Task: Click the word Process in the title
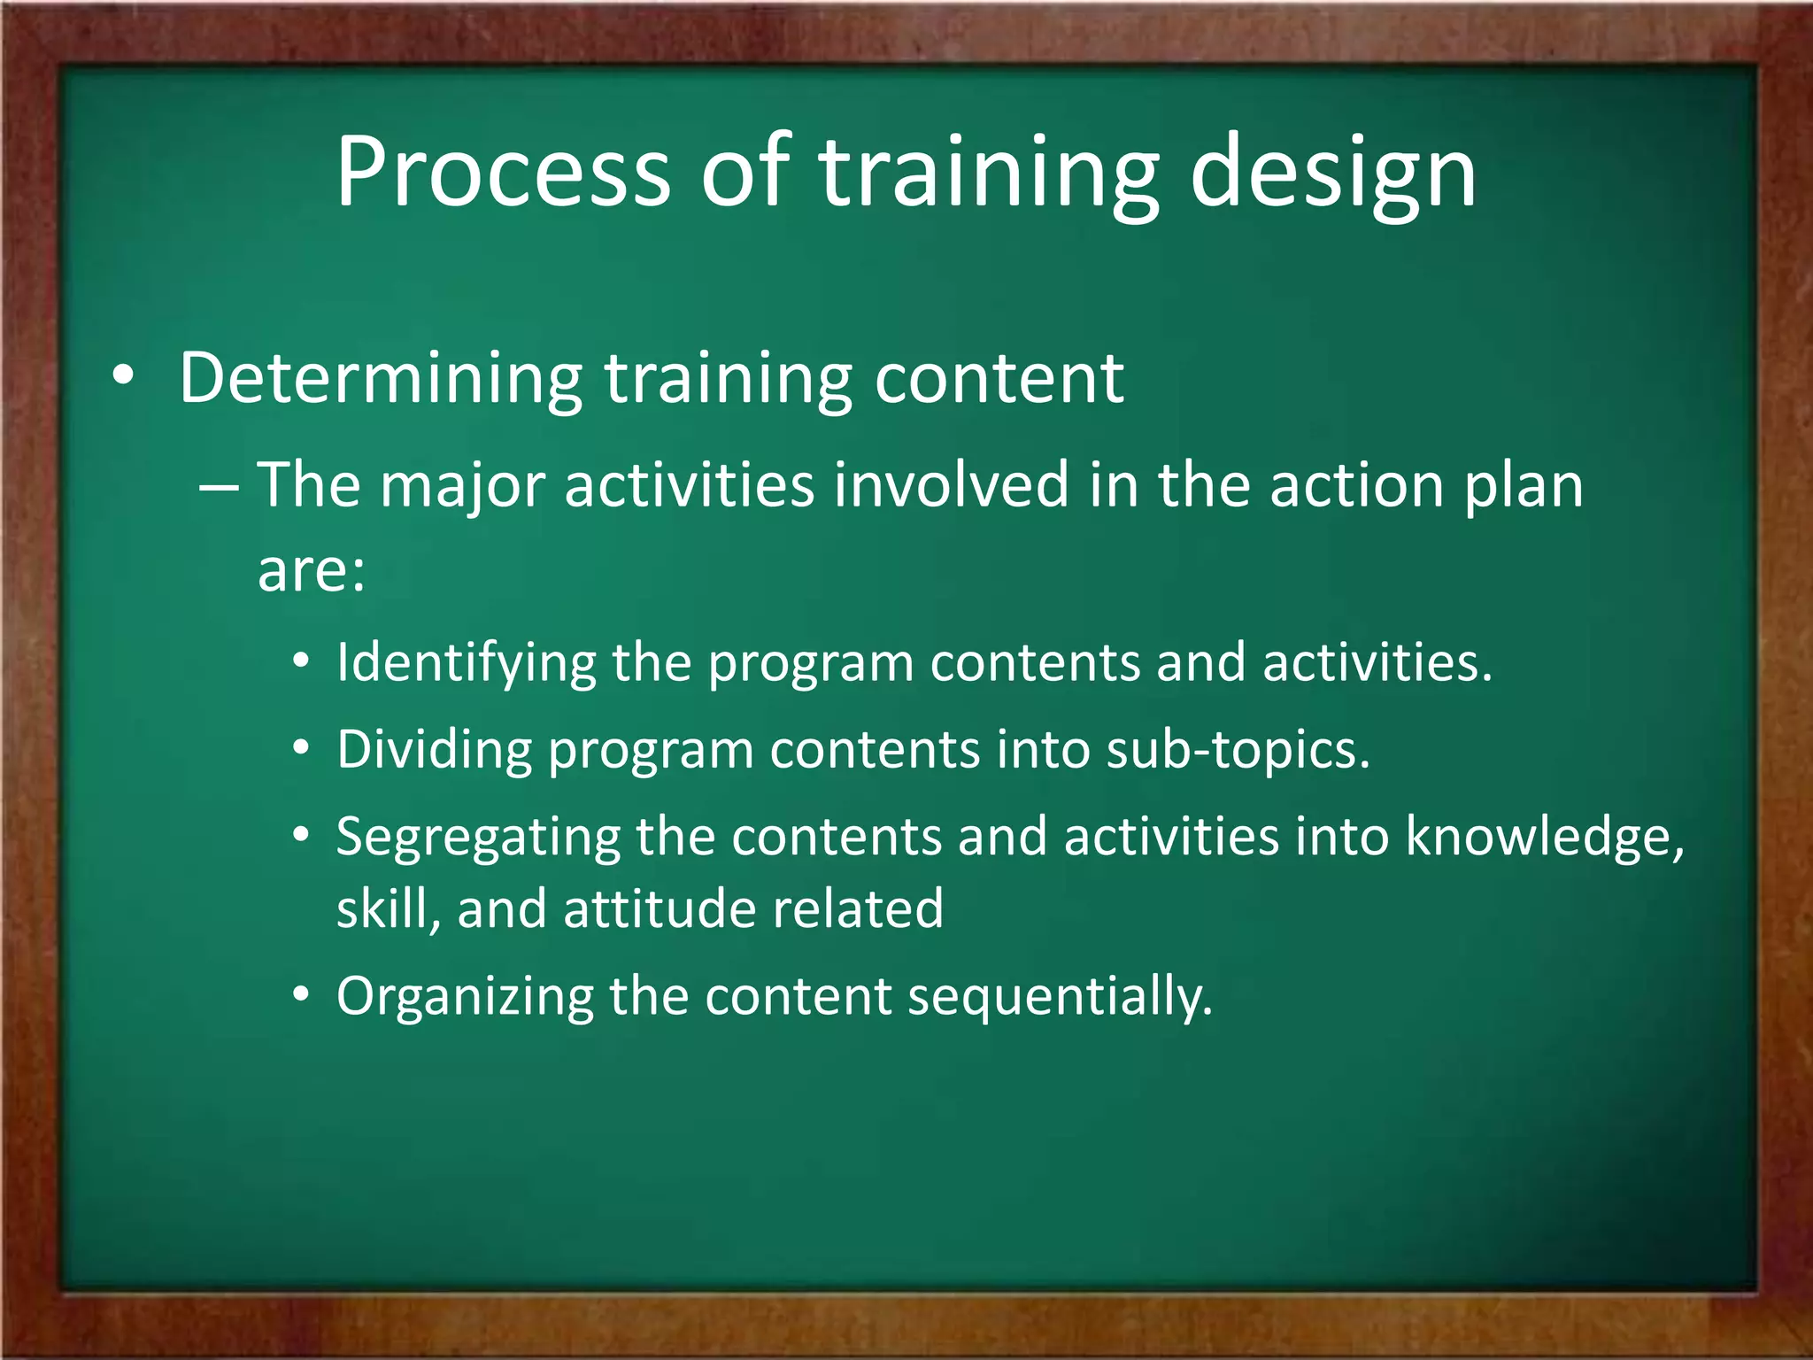[503, 173]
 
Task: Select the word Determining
[380, 379]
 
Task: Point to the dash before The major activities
[218, 487]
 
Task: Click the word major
[462, 487]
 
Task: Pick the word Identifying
[467, 663]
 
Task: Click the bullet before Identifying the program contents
[302, 662]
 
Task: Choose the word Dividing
[434, 750]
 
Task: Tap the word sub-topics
[1238, 750]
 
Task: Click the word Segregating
[478, 838]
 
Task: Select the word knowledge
[1545, 837]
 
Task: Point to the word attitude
[658, 909]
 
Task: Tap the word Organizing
[465, 998]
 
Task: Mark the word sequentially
[1060, 998]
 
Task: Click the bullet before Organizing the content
[302, 996]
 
